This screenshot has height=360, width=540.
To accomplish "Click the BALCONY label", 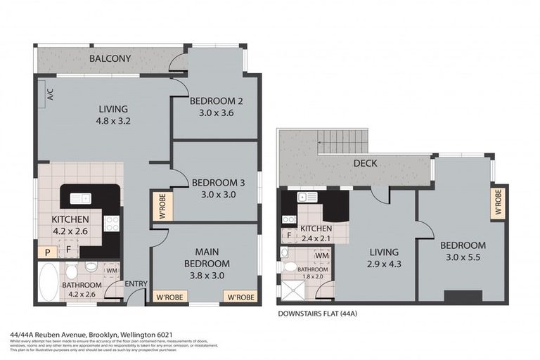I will point(110,58).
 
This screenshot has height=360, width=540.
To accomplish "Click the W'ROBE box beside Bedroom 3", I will point(160,207).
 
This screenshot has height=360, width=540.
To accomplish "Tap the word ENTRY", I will point(134,284).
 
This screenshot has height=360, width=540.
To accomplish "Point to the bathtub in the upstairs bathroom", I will point(50,283).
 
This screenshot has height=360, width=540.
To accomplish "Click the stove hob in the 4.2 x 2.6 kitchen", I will point(112,224).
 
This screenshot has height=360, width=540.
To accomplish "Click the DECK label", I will point(366,164).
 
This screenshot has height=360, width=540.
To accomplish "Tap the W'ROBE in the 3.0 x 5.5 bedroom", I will point(497,202).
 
